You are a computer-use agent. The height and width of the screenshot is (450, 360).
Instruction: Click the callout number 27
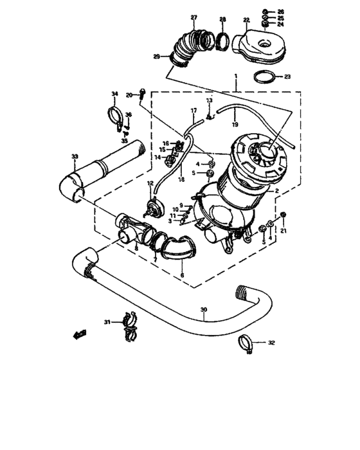click(194, 17)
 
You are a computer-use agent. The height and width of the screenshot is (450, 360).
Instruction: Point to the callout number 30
click(203, 310)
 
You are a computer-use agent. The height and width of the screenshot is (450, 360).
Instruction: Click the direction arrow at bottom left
click(80, 334)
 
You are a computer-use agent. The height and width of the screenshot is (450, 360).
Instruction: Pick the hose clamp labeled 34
click(116, 117)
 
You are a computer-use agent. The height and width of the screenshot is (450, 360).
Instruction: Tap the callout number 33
click(75, 157)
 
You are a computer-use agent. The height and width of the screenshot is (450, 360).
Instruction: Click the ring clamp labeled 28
click(222, 42)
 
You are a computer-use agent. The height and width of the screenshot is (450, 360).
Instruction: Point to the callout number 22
click(246, 21)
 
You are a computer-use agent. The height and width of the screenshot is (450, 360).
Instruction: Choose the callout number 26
click(280, 12)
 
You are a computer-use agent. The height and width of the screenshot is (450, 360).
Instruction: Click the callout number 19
click(235, 123)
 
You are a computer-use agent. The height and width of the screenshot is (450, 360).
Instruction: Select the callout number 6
click(183, 275)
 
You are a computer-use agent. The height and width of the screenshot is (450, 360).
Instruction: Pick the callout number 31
click(107, 322)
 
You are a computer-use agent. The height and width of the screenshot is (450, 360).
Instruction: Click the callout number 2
click(276, 191)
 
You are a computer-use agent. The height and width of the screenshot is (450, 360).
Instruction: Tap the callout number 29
click(156, 58)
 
